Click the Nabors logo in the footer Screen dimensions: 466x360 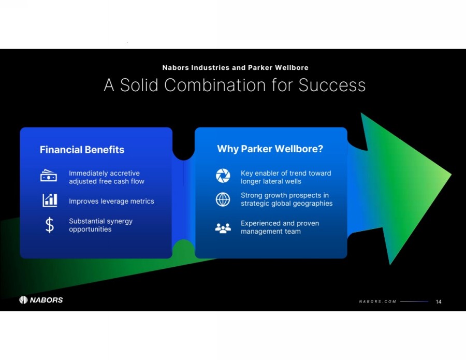(x=41, y=299)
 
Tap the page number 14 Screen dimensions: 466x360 (x=439, y=302)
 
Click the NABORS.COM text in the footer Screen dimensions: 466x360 (x=377, y=301)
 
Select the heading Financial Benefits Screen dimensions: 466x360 (x=82, y=150)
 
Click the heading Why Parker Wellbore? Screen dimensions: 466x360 (x=270, y=149)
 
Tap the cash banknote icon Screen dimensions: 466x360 (x=49, y=176)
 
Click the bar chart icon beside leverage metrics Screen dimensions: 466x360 (x=50, y=200)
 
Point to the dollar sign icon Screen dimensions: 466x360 (x=50, y=225)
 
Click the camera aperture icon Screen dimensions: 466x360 (x=223, y=176)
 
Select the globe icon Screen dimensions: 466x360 (x=223, y=199)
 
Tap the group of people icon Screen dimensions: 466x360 (x=223, y=228)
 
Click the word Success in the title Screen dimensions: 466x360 (x=332, y=85)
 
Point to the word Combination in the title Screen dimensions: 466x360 (x=215, y=85)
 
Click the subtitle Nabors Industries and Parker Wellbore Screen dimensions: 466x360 (x=235, y=68)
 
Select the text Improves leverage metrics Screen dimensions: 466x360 (x=111, y=201)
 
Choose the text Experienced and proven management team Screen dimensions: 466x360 (x=280, y=227)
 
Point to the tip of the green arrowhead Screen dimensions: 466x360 (x=451, y=175)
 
